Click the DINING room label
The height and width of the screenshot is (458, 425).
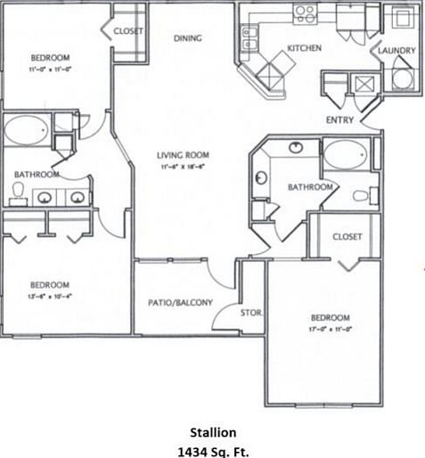(187, 38)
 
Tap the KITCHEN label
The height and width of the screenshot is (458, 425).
(304, 48)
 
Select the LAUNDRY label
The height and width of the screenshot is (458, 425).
(396, 52)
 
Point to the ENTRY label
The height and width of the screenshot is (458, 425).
(339, 120)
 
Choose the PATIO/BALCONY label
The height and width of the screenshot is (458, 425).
(180, 303)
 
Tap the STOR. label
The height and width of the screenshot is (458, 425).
(250, 313)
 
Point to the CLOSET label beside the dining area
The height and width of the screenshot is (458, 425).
(128, 31)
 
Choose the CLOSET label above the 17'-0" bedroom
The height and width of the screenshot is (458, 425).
(347, 236)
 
